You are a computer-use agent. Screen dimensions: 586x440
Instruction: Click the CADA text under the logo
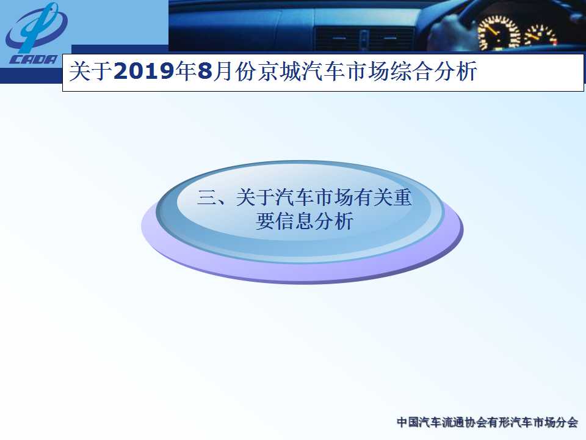click(x=34, y=59)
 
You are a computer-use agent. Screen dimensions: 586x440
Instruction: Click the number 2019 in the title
click(x=144, y=71)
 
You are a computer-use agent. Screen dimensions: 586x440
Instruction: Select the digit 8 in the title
click(x=205, y=71)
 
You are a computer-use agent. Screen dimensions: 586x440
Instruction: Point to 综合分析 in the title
click(x=433, y=71)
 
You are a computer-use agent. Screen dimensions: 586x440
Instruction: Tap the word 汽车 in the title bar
click(x=324, y=71)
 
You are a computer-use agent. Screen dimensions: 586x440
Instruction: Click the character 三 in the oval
click(x=206, y=197)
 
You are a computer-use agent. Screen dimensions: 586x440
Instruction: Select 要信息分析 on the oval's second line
click(x=305, y=221)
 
